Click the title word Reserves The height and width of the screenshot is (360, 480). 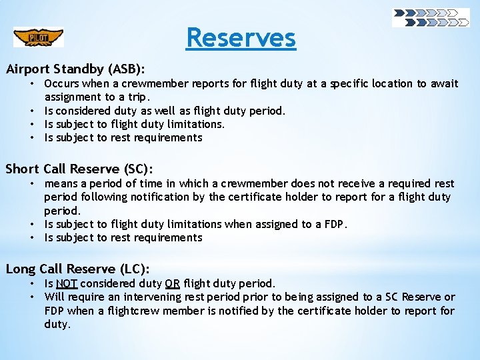(x=241, y=38)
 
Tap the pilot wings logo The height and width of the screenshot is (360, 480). (x=39, y=37)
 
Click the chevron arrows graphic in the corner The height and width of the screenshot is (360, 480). (x=431, y=17)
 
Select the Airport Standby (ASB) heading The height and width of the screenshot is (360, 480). (x=75, y=69)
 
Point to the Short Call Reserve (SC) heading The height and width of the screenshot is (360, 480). (x=84, y=169)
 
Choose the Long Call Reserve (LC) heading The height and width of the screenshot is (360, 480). (x=77, y=269)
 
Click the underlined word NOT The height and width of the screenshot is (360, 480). (x=67, y=284)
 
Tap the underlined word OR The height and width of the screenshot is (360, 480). (x=173, y=284)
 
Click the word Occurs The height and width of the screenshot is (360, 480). (x=62, y=84)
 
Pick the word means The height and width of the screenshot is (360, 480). (x=61, y=184)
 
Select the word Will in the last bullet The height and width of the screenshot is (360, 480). (x=54, y=297)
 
